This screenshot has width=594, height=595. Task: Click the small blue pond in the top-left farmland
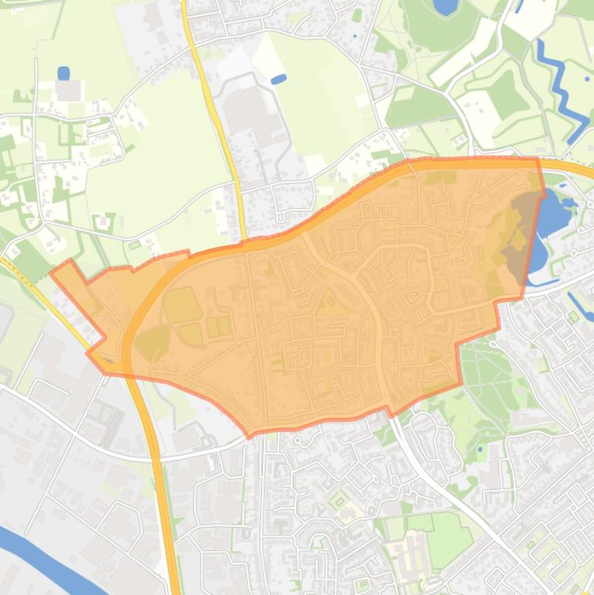pos(63,73)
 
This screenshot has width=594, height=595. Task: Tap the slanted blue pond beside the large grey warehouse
pos(279,79)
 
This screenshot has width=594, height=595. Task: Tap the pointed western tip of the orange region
pos(52,271)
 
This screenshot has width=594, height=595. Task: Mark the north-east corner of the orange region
pos(538,159)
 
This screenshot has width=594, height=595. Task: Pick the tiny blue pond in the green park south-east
pos(480,448)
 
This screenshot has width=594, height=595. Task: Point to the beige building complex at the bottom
pos(406,553)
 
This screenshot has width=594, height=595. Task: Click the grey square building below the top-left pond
pos(68,91)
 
